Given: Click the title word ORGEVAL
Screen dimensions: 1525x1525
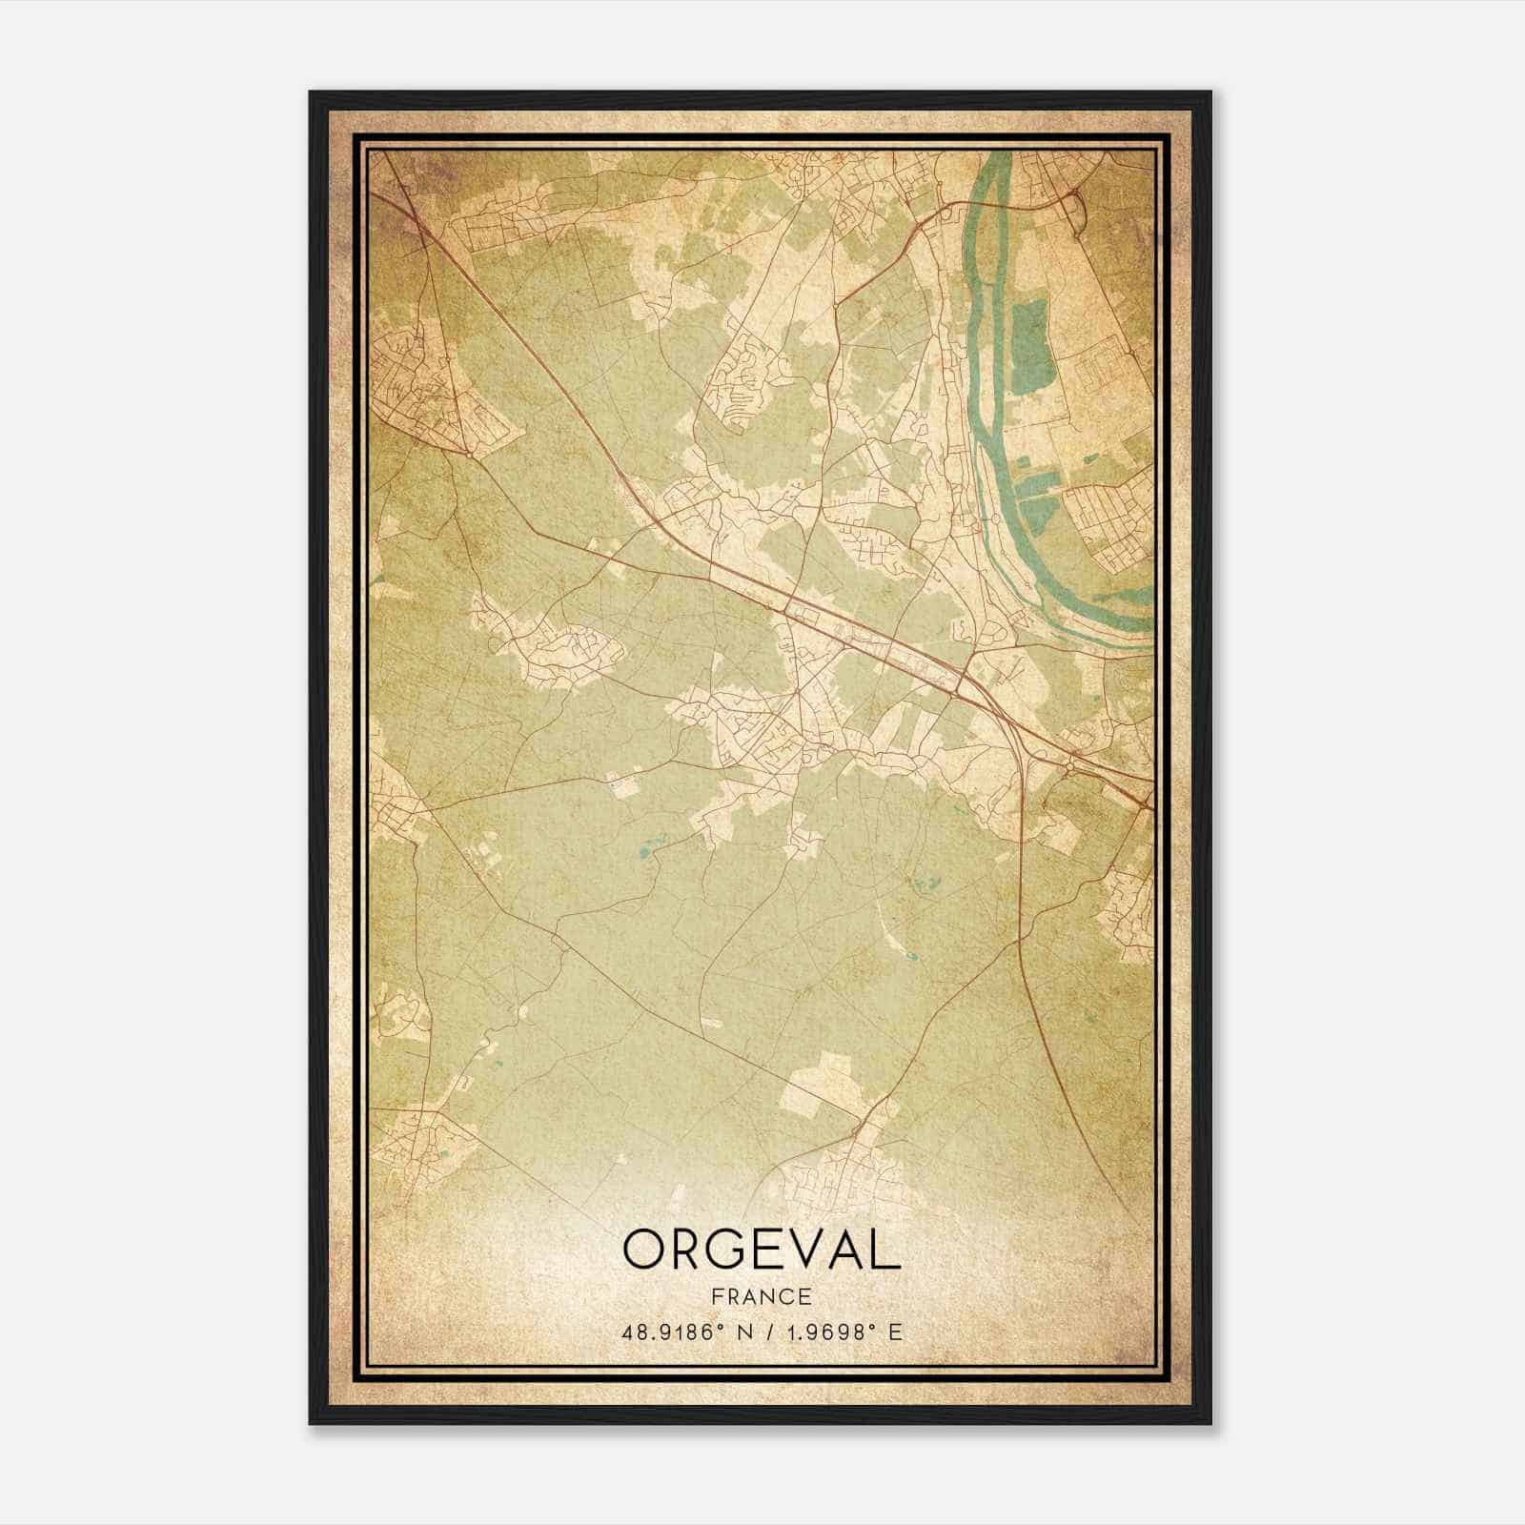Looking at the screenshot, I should point(762,1250).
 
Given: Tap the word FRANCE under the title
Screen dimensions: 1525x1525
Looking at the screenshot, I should point(762,1297).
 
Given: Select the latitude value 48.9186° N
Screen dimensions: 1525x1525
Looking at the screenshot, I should point(678,1332).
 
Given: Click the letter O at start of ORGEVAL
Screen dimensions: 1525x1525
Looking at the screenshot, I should point(647,1250).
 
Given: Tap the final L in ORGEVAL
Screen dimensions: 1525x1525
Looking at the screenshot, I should point(885,1250).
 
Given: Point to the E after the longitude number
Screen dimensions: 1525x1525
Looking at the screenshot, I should point(894,1332).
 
